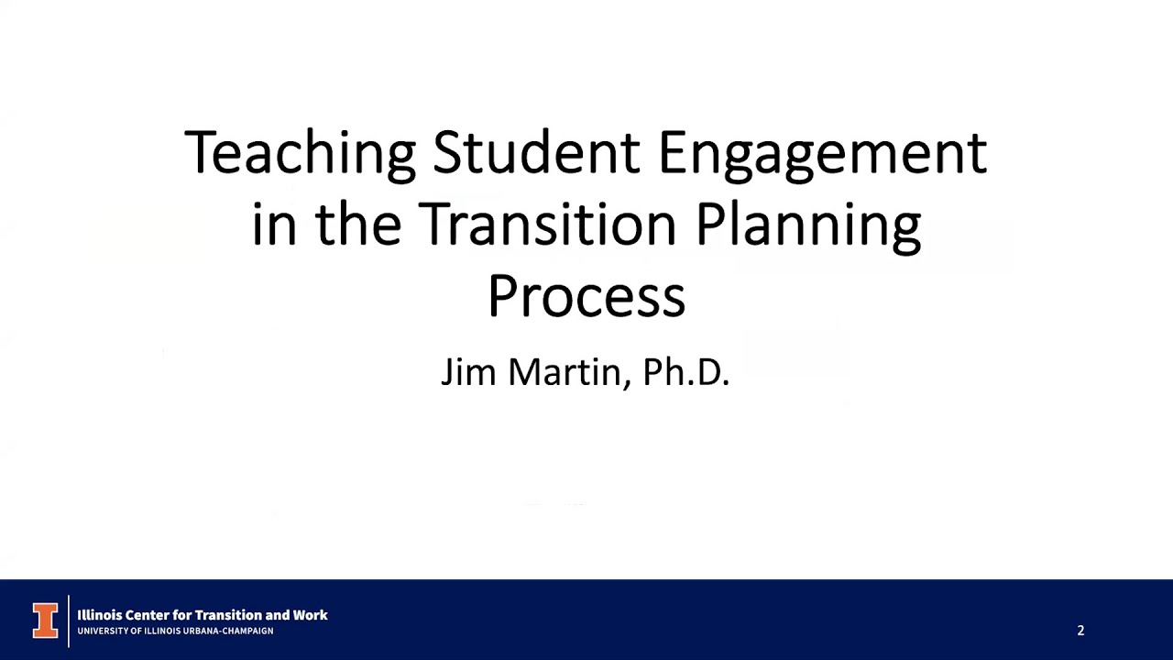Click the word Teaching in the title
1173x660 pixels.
300,152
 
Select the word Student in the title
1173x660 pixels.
536,152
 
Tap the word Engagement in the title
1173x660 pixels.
822,154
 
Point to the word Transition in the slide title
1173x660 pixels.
547,225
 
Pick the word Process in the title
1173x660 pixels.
586,297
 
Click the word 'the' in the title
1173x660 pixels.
358,225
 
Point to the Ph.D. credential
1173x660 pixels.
685,372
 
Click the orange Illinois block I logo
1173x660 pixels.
45,621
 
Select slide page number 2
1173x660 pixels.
1080,631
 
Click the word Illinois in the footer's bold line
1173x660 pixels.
102,615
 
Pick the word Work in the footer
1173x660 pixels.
310,615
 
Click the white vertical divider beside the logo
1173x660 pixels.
69,621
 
